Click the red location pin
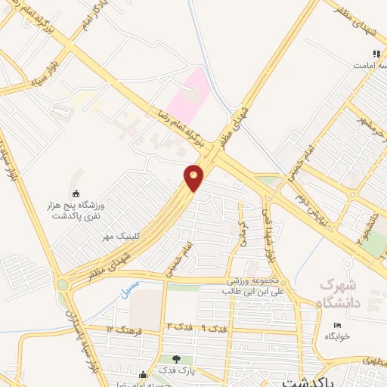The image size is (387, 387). [194, 178]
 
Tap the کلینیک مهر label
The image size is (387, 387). [122, 236]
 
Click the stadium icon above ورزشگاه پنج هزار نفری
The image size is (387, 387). [75, 193]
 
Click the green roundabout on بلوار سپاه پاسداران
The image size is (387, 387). [61, 284]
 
